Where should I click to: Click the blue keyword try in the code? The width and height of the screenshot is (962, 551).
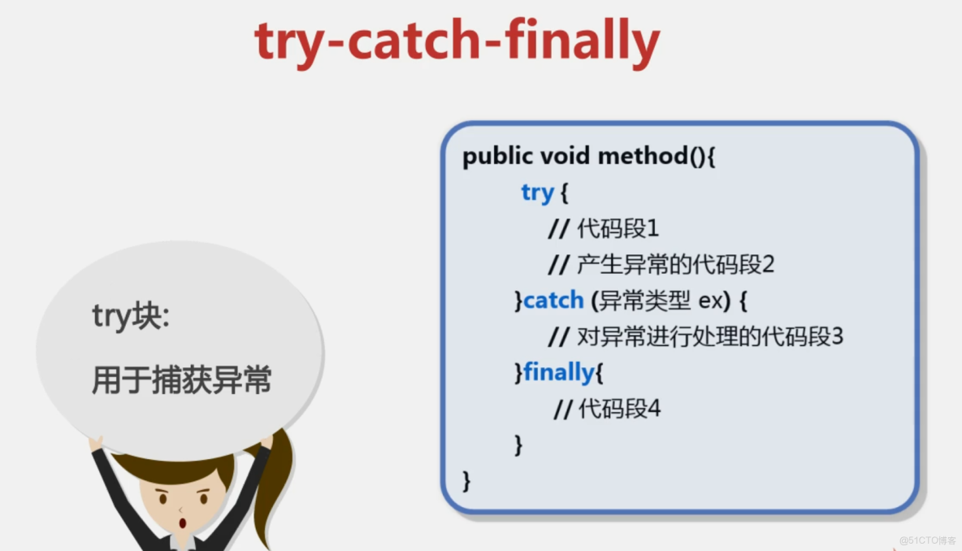pos(537,193)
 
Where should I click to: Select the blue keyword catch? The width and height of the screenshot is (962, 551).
pos(553,300)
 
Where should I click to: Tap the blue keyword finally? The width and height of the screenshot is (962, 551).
pos(558,372)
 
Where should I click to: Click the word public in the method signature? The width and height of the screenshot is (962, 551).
pos(497,156)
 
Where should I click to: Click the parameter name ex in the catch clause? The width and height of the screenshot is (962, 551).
pos(710,301)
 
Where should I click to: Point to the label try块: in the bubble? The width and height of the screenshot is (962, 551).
pos(131,317)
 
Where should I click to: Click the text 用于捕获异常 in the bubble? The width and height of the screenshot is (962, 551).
pos(181,380)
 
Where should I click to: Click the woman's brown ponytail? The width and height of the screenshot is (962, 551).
pos(275,488)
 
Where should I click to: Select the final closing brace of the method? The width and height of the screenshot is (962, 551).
pos(466,479)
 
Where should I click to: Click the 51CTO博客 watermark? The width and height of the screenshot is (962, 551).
pos(928,540)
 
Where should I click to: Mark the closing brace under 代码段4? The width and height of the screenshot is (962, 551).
pos(518,444)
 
